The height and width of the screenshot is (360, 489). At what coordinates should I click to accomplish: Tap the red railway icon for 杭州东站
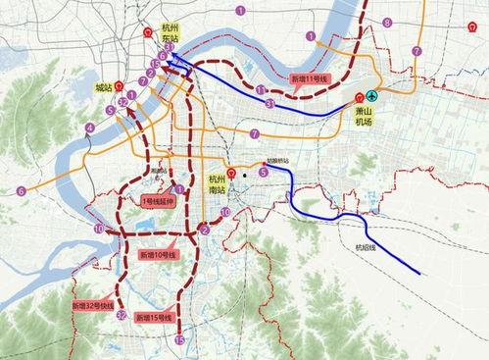[x=148, y=29]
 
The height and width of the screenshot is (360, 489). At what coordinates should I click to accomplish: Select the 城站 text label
[x=104, y=89]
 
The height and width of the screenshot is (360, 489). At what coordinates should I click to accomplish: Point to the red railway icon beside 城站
[x=119, y=84]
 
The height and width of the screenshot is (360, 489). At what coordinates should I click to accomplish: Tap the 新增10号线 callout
[x=158, y=254]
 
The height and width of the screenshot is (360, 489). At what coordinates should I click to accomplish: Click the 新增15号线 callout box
[x=154, y=318]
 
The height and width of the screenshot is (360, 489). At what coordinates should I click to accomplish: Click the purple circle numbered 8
[x=387, y=22]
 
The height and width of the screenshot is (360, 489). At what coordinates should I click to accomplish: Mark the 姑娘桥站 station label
[x=278, y=161]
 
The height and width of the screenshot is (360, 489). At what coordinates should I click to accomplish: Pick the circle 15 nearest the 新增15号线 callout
[x=179, y=339]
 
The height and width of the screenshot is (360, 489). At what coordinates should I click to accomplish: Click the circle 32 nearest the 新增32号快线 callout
[x=121, y=316]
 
